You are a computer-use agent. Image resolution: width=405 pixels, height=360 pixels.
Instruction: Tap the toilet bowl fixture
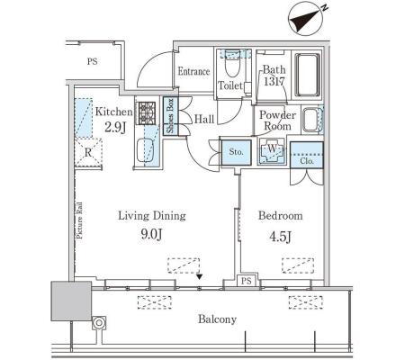[232, 65]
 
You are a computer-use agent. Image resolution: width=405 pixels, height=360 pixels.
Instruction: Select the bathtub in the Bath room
[307, 75]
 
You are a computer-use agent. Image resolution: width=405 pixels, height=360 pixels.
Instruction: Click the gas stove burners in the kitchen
[147, 113]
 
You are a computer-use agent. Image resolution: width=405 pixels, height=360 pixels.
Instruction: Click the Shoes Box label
[170, 115]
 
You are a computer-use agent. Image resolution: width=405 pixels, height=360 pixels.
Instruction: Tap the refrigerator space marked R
[88, 152]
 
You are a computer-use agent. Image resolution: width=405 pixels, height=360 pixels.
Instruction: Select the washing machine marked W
[272, 149]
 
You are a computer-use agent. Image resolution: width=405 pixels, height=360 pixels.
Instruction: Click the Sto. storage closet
[236, 152]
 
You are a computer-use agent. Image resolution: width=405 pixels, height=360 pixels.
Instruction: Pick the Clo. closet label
[307, 161]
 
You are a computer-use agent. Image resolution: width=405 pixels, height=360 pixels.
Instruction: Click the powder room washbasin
[311, 121]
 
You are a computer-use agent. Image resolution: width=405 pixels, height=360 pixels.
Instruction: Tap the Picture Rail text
[79, 220]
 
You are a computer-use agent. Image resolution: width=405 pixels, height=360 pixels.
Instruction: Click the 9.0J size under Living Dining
[152, 234]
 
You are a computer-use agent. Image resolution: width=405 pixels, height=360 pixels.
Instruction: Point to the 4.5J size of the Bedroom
[281, 237]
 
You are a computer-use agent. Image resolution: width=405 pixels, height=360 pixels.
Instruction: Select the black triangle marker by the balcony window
[199, 276]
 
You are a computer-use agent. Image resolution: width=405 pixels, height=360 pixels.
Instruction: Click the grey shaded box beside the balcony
[71, 301]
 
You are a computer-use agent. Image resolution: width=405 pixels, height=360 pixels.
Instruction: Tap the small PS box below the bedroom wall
[247, 281]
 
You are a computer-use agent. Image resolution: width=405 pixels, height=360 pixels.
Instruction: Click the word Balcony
[217, 319]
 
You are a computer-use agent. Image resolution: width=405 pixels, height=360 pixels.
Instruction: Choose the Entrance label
[193, 71]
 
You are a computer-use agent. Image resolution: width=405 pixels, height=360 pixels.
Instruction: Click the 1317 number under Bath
[274, 81]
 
